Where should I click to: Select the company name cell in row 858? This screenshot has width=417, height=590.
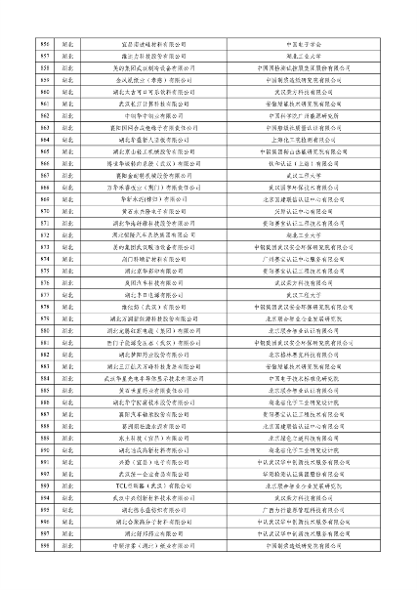click(157, 68)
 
